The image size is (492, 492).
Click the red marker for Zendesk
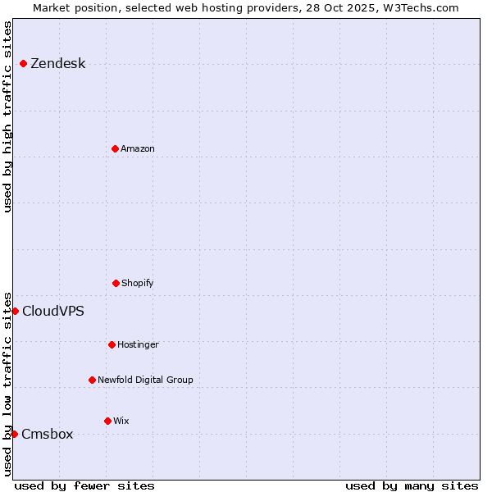(x=24, y=64)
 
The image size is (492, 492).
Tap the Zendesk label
(x=57, y=64)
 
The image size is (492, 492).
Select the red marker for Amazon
(x=116, y=148)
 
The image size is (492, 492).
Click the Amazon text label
(x=138, y=148)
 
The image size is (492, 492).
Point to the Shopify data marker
(x=116, y=283)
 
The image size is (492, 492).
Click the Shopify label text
(x=138, y=283)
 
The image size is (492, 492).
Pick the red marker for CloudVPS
(x=15, y=311)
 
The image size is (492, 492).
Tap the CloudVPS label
(x=52, y=311)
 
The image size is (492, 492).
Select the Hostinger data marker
(x=112, y=344)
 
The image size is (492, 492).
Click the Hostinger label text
(x=138, y=344)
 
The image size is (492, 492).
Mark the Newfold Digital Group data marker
(x=92, y=380)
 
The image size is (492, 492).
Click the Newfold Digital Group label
(x=145, y=380)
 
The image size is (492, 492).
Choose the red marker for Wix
(x=107, y=421)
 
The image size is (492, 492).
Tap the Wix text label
(x=121, y=421)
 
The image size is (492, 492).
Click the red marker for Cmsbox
(x=14, y=434)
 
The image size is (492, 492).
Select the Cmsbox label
(x=48, y=434)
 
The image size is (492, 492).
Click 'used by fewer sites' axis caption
(x=84, y=485)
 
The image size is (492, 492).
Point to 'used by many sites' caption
(x=412, y=485)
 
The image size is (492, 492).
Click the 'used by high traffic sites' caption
(x=7, y=116)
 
